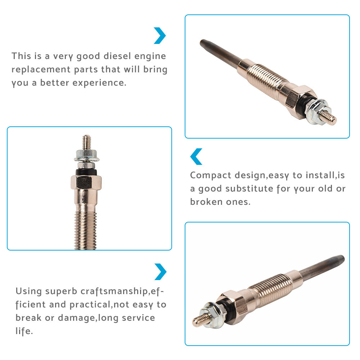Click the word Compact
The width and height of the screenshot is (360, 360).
coord(211,175)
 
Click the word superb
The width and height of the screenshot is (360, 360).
coord(61,291)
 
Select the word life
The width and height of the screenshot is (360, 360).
coord(24,331)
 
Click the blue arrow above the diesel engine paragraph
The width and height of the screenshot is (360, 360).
coord(159,36)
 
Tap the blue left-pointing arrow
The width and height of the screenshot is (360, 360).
coord(196,157)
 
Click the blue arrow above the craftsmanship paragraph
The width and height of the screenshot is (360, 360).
coord(160,272)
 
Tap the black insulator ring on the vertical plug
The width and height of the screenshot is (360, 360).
coord(86,172)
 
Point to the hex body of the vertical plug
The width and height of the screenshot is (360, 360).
coord(86,182)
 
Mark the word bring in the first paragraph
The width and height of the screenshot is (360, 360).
coord(156,69)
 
